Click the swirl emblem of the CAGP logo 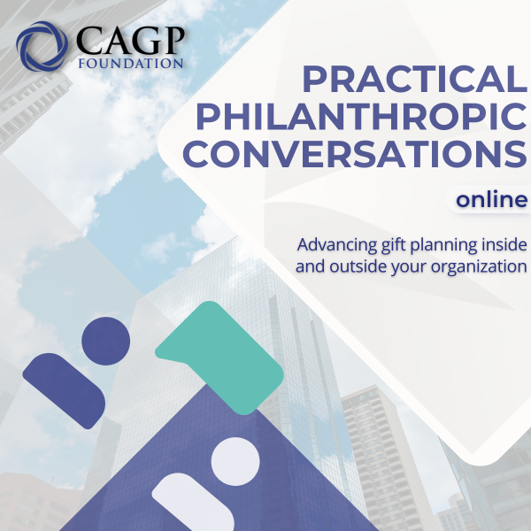(x=42, y=46)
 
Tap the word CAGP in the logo (x=130, y=40)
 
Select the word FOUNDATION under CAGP (x=131, y=64)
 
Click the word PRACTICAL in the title (x=415, y=80)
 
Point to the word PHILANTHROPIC (x=361, y=116)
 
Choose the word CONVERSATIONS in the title (x=355, y=153)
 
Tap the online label (x=491, y=199)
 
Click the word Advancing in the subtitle (x=337, y=245)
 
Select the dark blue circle (x=105, y=341)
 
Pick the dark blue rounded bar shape (x=64, y=391)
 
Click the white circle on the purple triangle (x=235, y=461)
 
